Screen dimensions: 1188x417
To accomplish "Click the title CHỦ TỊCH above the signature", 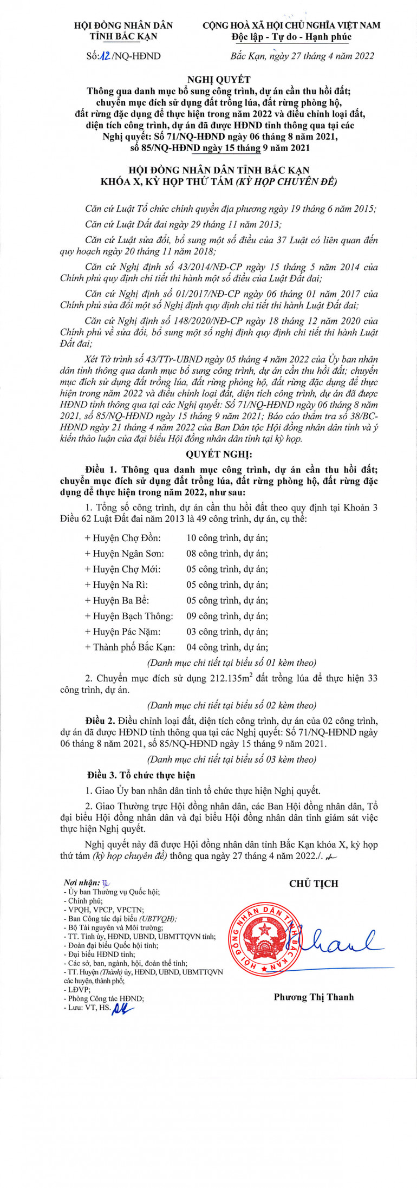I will coord(314,884).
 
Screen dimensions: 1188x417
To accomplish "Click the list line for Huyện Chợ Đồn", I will coord(176,538).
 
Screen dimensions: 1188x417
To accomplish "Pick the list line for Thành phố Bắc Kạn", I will coord(176,647).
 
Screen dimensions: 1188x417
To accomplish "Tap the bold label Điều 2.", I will coord(100,721).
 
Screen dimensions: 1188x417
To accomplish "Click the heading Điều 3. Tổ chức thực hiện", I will coord(141,775).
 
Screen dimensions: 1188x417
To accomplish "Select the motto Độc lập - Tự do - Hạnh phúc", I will coord(291,37).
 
